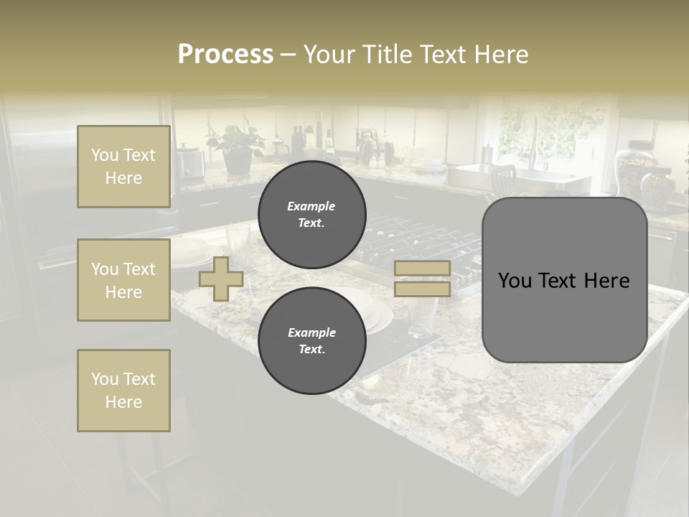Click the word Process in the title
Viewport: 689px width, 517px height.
pyautogui.click(x=225, y=55)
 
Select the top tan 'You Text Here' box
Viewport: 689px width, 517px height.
pyautogui.click(x=123, y=167)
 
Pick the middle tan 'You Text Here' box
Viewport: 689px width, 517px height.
pyautogui.click(x=123, y=280)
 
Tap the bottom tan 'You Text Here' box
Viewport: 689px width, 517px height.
pyautogui.click(x=123, y=391)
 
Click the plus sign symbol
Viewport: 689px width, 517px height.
pyautogui.click(x=221, y=279)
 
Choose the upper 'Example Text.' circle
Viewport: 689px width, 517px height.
pyautogui.click(x=311, y=215)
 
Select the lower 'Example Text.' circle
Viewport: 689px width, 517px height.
pyautogui.click(x=311, y=341)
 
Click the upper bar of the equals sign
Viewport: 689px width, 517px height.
pyautogui.click(x=422, y=268)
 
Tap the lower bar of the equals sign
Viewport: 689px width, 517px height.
pyautogui.click(x=422, y=289)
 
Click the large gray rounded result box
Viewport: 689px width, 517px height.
pyautogui.click(x=564, y=280)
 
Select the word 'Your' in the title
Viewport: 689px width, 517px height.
pyautogui.click(x=329, y=55)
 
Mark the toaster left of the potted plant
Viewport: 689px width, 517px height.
pyautogui.click(x=190, y=162)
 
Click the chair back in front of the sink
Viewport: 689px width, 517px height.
pyautogui.click(x=505, y=177)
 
